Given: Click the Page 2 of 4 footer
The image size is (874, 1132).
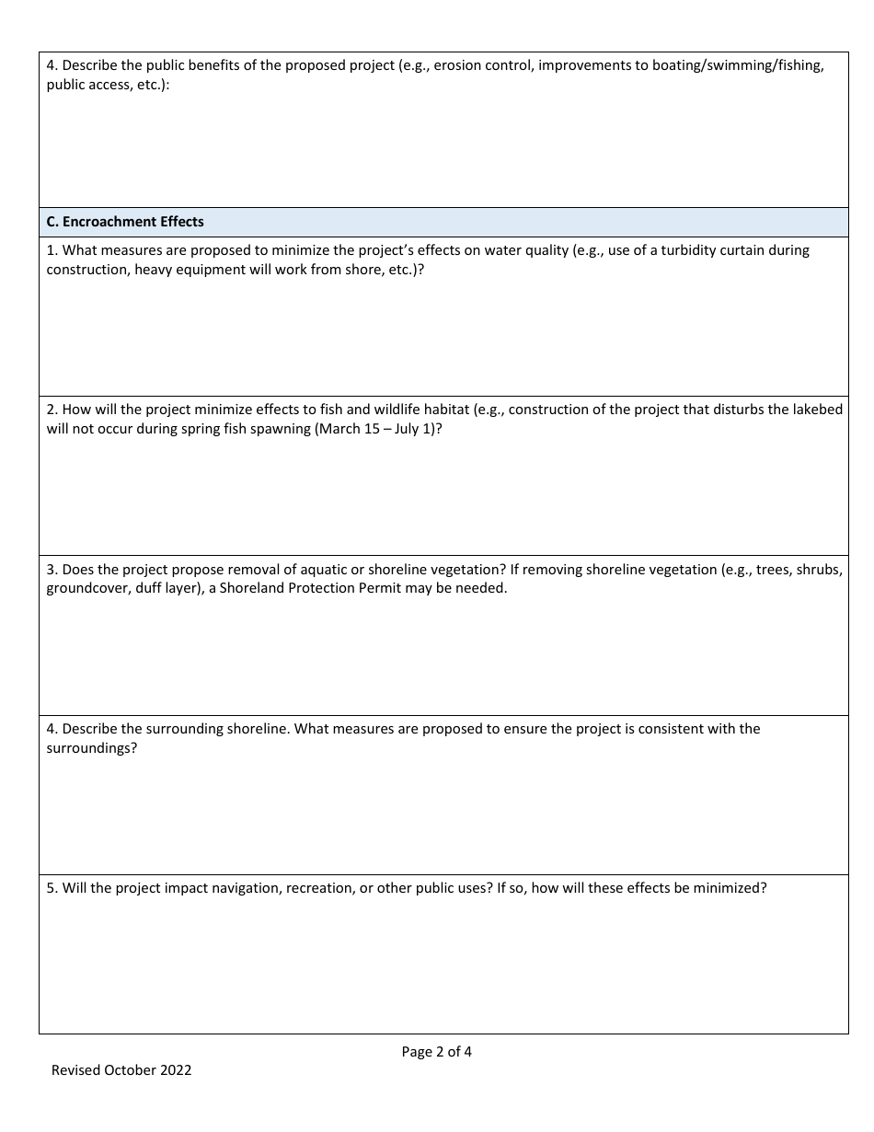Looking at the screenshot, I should (437, 1052).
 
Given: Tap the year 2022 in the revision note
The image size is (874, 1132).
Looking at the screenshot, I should (176, 1070).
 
